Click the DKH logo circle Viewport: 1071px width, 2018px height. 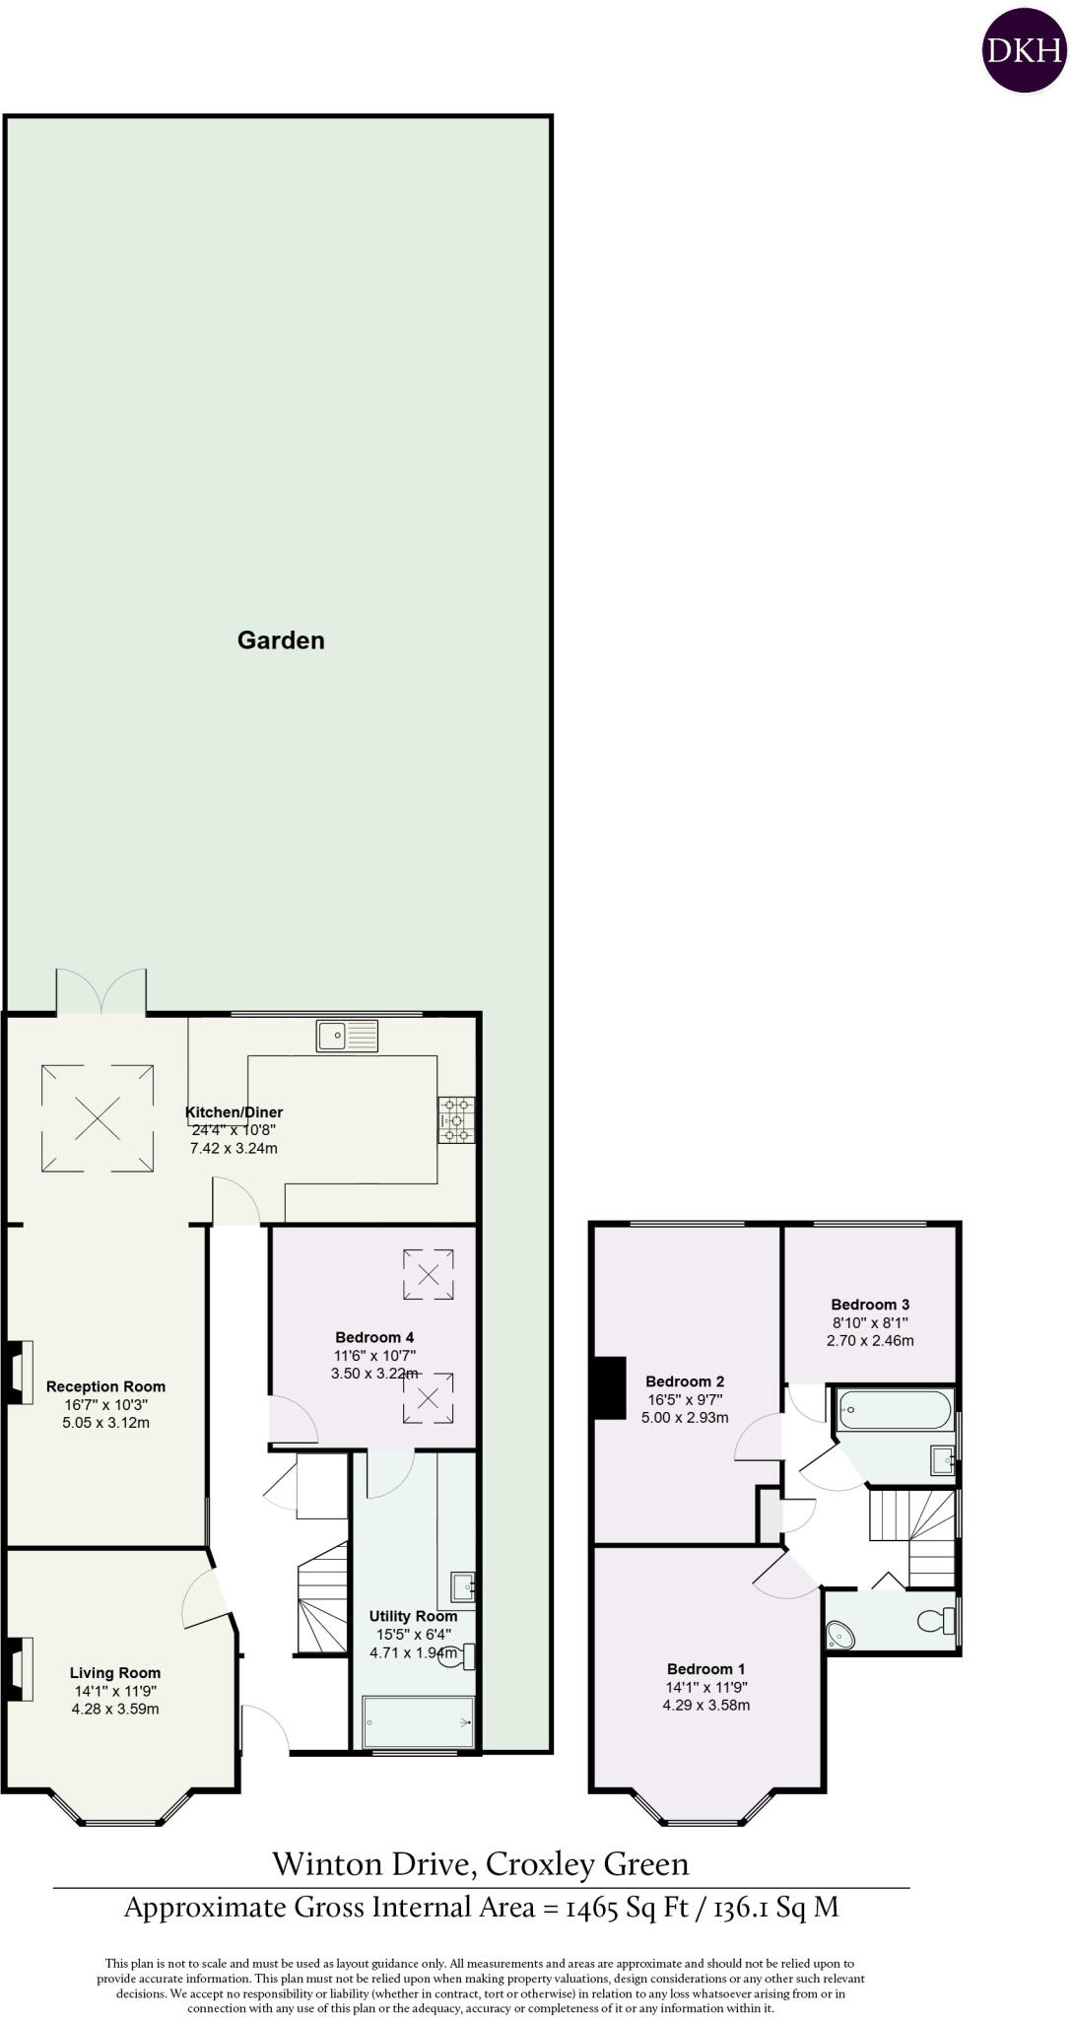[x=1025, y=50]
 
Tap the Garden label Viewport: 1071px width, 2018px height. [x=281, y=640]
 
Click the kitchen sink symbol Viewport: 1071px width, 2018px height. [x=347, y=1035]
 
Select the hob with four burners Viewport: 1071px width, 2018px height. [x=456, y=1120]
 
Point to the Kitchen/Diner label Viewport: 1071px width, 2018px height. [x=234, y=1112]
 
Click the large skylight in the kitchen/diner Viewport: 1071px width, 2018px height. [x=98, y=1117]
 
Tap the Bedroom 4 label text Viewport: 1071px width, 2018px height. [x=374, y=1337]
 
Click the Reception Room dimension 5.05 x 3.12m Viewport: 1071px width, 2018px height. [x=105, y=1423]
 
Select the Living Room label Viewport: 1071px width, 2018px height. [x=115, y=1673]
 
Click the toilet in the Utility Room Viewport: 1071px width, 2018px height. [x=465, y=1656]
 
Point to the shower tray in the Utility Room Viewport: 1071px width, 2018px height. [x=418, y=1722]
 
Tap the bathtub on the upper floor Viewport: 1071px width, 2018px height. [x=895, y=1409]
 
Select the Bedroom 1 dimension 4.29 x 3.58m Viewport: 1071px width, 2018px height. [x=706, y=1705]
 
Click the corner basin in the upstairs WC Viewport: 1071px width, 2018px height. [x=839, y=1635]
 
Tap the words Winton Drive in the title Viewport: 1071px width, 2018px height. [x=372, y=1864]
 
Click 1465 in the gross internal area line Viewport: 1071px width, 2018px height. [x=594, y=1909]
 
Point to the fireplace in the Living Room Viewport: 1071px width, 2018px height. [x=21, y=1668]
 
